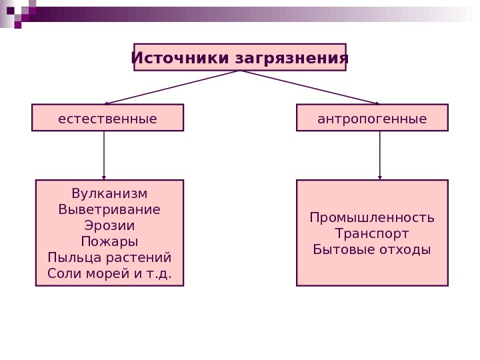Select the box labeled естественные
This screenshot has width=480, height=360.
[x=107, y=118]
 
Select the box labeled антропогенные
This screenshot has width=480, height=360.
[x=372, y=118]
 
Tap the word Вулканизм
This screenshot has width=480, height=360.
[x=109, y=193]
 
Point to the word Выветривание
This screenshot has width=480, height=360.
[x=109, y=209]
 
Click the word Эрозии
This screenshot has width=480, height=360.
[x=109, y=225]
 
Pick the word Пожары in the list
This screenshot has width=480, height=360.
[x=109, y=241]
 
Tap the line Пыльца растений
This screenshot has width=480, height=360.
[x=109, y=257]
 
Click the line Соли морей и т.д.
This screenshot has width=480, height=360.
[x=109, y=273]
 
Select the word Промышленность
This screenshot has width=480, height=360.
[x=372, y=218]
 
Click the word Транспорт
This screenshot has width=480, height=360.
[x=372, y=234]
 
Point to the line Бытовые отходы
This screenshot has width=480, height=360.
[x=372, y=250]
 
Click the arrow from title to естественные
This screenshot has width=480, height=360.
[x=172, y=87]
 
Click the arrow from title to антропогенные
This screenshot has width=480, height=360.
[x=309, y=87]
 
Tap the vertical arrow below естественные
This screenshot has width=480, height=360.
[x=104, y=155]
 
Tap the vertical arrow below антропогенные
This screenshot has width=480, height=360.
[x=380, y=155]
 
